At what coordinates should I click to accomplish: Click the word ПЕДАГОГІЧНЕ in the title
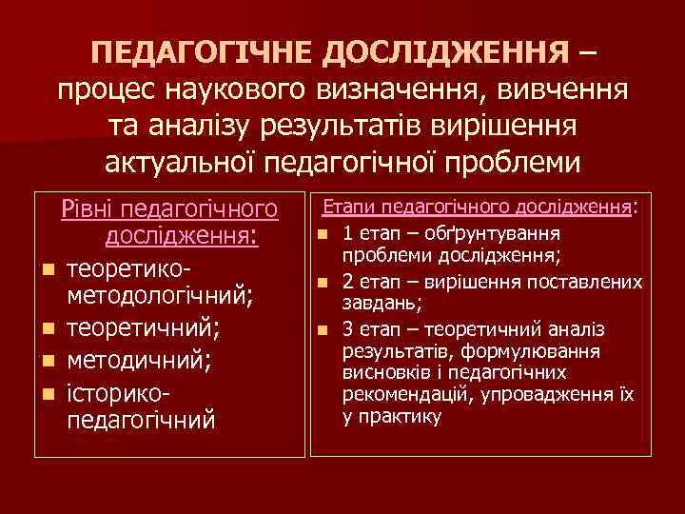coord(206,49)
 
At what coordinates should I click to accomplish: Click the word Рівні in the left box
coord(88,208)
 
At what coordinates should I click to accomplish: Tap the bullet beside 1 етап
coord(323,234)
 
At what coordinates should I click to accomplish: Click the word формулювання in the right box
coord(538,351)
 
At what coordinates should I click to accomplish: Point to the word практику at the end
coord(400,416)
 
